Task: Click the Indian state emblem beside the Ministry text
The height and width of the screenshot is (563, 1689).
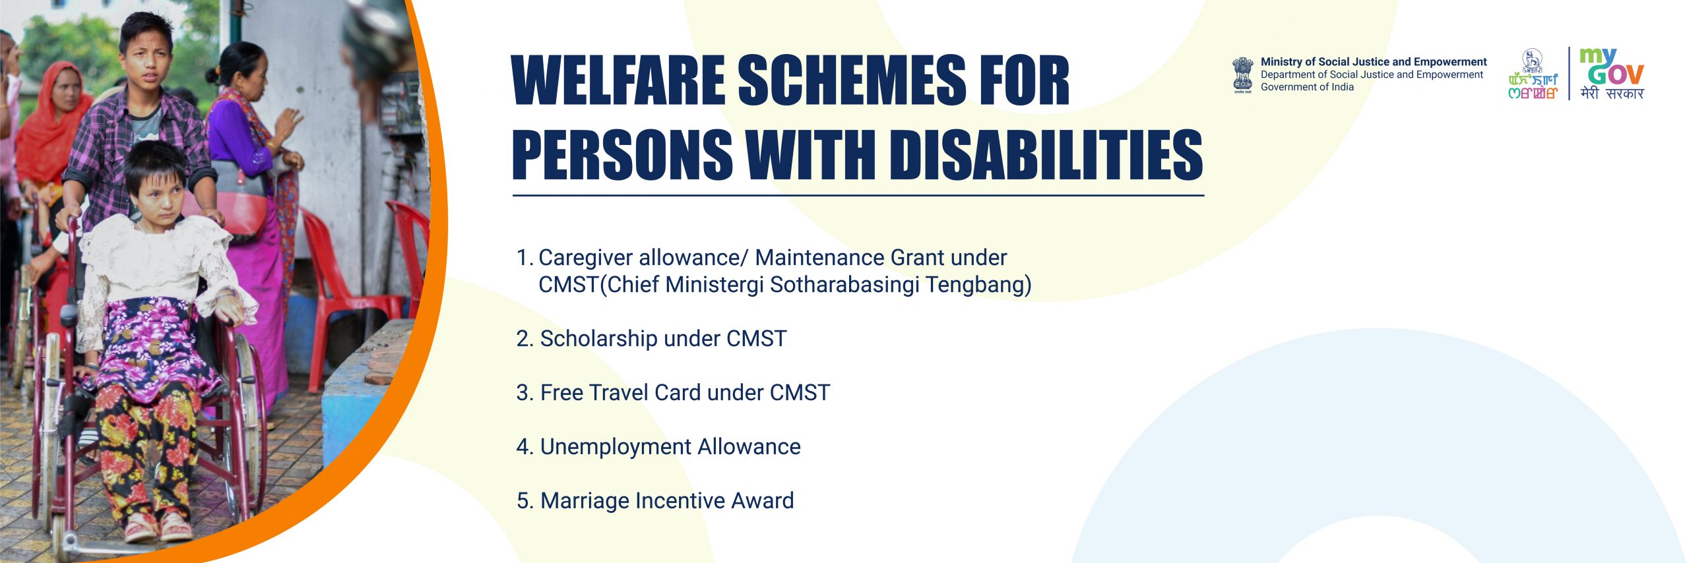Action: point(1243,75)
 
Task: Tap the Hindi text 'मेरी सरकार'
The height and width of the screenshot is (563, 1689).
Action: point(1612,94)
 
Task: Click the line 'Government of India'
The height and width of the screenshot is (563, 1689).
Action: point(1307,87)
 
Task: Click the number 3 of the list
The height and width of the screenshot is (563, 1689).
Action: point(523,393)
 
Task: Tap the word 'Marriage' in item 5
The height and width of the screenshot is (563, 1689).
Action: point(585,501)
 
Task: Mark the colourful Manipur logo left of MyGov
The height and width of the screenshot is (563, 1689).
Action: point(1533,75)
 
